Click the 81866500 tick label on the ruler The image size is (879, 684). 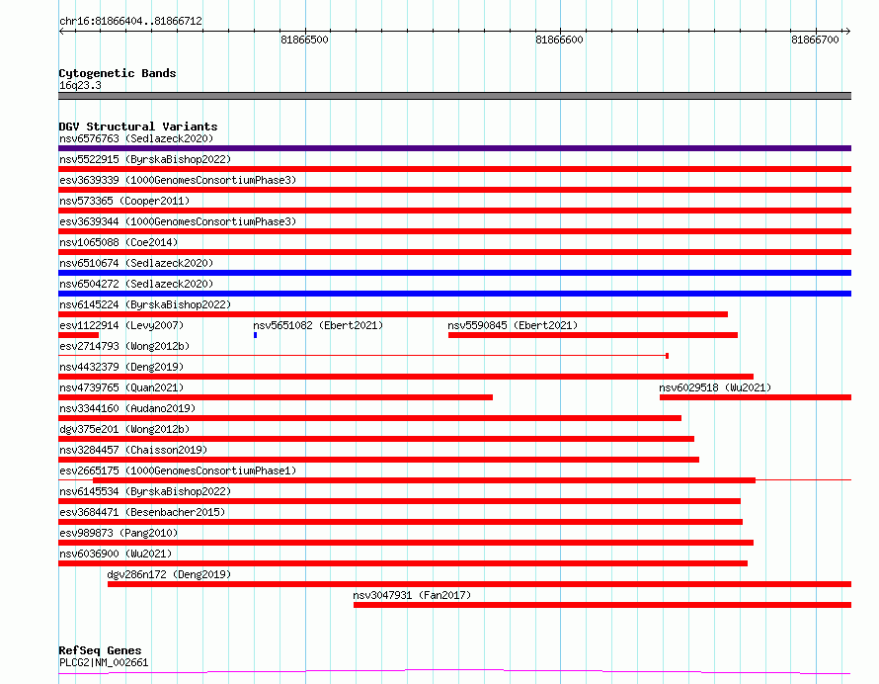[304, 40]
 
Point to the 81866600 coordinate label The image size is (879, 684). [559, 40]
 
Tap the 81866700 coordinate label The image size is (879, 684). [815, 40]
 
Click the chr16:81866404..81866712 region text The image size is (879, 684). [130, 22]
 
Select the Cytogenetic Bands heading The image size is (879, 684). [118, 73]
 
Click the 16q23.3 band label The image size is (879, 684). [80, 85]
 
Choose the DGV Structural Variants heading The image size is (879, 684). [138, 127]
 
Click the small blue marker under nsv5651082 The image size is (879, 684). [255, 335]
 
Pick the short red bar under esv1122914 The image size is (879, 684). [78, 335]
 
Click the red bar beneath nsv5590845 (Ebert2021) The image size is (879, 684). [594, 335]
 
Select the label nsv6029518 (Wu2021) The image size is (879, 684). [715, 387]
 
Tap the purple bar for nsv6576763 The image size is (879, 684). [455, 148]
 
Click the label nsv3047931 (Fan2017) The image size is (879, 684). [412, 595]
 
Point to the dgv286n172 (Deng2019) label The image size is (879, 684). [169, 574]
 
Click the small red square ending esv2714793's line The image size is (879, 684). [667, 356]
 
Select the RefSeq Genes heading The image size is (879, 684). [101, 650]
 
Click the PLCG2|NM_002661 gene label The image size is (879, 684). [104, 662]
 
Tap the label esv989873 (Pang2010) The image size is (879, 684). [119, 533]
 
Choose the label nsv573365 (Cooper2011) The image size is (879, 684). [124, 201]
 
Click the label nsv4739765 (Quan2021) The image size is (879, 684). [121, 387]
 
